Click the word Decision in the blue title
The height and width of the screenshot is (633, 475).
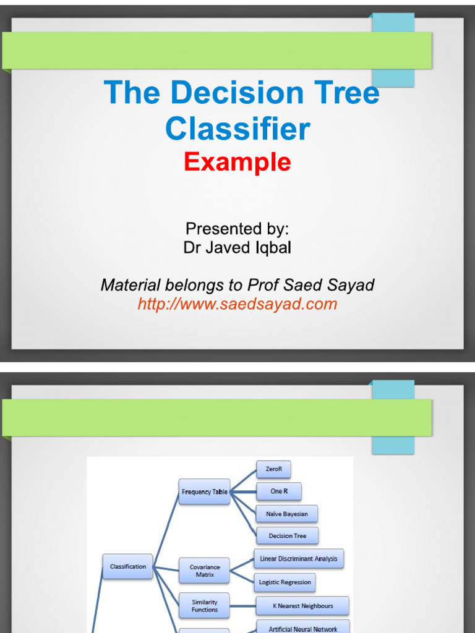click(x=237, y=93)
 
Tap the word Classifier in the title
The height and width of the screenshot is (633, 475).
click(x=237, y=129)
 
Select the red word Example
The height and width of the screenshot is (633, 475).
click(x=237, y=162)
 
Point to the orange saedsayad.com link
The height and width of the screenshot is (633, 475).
click(x=237, y=304)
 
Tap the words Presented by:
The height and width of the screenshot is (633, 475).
click(x=237, y=229)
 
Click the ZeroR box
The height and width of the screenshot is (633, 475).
click(x=273, y=469)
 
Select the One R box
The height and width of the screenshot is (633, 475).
click(x=279, y=491)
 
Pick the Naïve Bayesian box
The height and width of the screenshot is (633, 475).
click(x=287, y=514)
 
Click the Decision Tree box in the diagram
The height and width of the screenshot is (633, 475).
click(x=287, y=536)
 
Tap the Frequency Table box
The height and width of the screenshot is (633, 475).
click(x=204, y=491)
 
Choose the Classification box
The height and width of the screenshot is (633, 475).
click(x=127, y=566)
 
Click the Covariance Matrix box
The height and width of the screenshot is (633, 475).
click(x=204, y=571)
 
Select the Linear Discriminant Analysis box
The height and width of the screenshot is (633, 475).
click(x=299, y=559)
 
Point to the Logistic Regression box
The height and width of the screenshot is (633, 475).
click(x=285, y=582)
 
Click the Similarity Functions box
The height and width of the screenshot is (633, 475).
click(x=204, y=606)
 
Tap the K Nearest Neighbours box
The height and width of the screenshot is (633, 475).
click(x=302, y=606)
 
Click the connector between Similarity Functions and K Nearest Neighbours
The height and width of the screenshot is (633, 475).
click(x=242, y=606)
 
